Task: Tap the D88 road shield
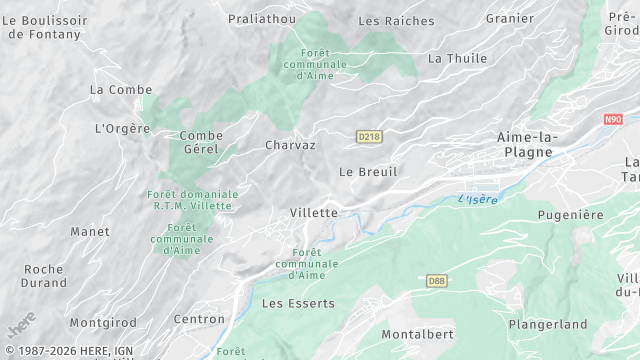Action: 435,281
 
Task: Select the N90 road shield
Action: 613,119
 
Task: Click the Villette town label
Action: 314,213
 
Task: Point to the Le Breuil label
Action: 368,172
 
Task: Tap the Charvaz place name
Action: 290,145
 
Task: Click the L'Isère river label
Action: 477,199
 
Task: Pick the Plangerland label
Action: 547,325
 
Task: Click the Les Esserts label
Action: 298,302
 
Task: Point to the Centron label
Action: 199,320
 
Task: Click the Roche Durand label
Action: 43,276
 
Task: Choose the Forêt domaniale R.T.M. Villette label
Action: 193,199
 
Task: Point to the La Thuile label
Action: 456,58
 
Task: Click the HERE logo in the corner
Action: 22,325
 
